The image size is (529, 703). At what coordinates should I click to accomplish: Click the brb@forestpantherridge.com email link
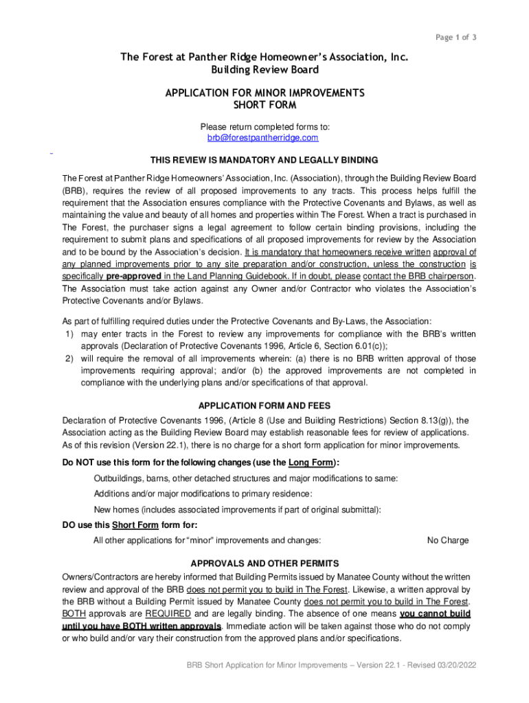pos(263,138)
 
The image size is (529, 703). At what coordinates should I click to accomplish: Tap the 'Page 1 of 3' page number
pos(456,37)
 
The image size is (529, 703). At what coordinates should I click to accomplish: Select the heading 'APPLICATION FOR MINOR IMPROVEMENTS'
pos(264,93)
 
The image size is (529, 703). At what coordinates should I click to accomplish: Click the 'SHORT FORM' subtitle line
pos(264,105)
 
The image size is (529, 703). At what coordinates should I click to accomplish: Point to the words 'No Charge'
pos(448,540)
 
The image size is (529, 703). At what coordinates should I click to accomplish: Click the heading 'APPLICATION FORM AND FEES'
pos(264,405)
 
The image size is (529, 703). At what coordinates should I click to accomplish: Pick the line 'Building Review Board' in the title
pos(264,70)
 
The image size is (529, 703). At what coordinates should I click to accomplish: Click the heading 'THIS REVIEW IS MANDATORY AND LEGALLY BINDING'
pos(264,161)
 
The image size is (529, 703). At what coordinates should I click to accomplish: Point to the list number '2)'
pos(69,359)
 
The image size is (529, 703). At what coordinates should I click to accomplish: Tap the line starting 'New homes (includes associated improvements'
pos(237,509)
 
